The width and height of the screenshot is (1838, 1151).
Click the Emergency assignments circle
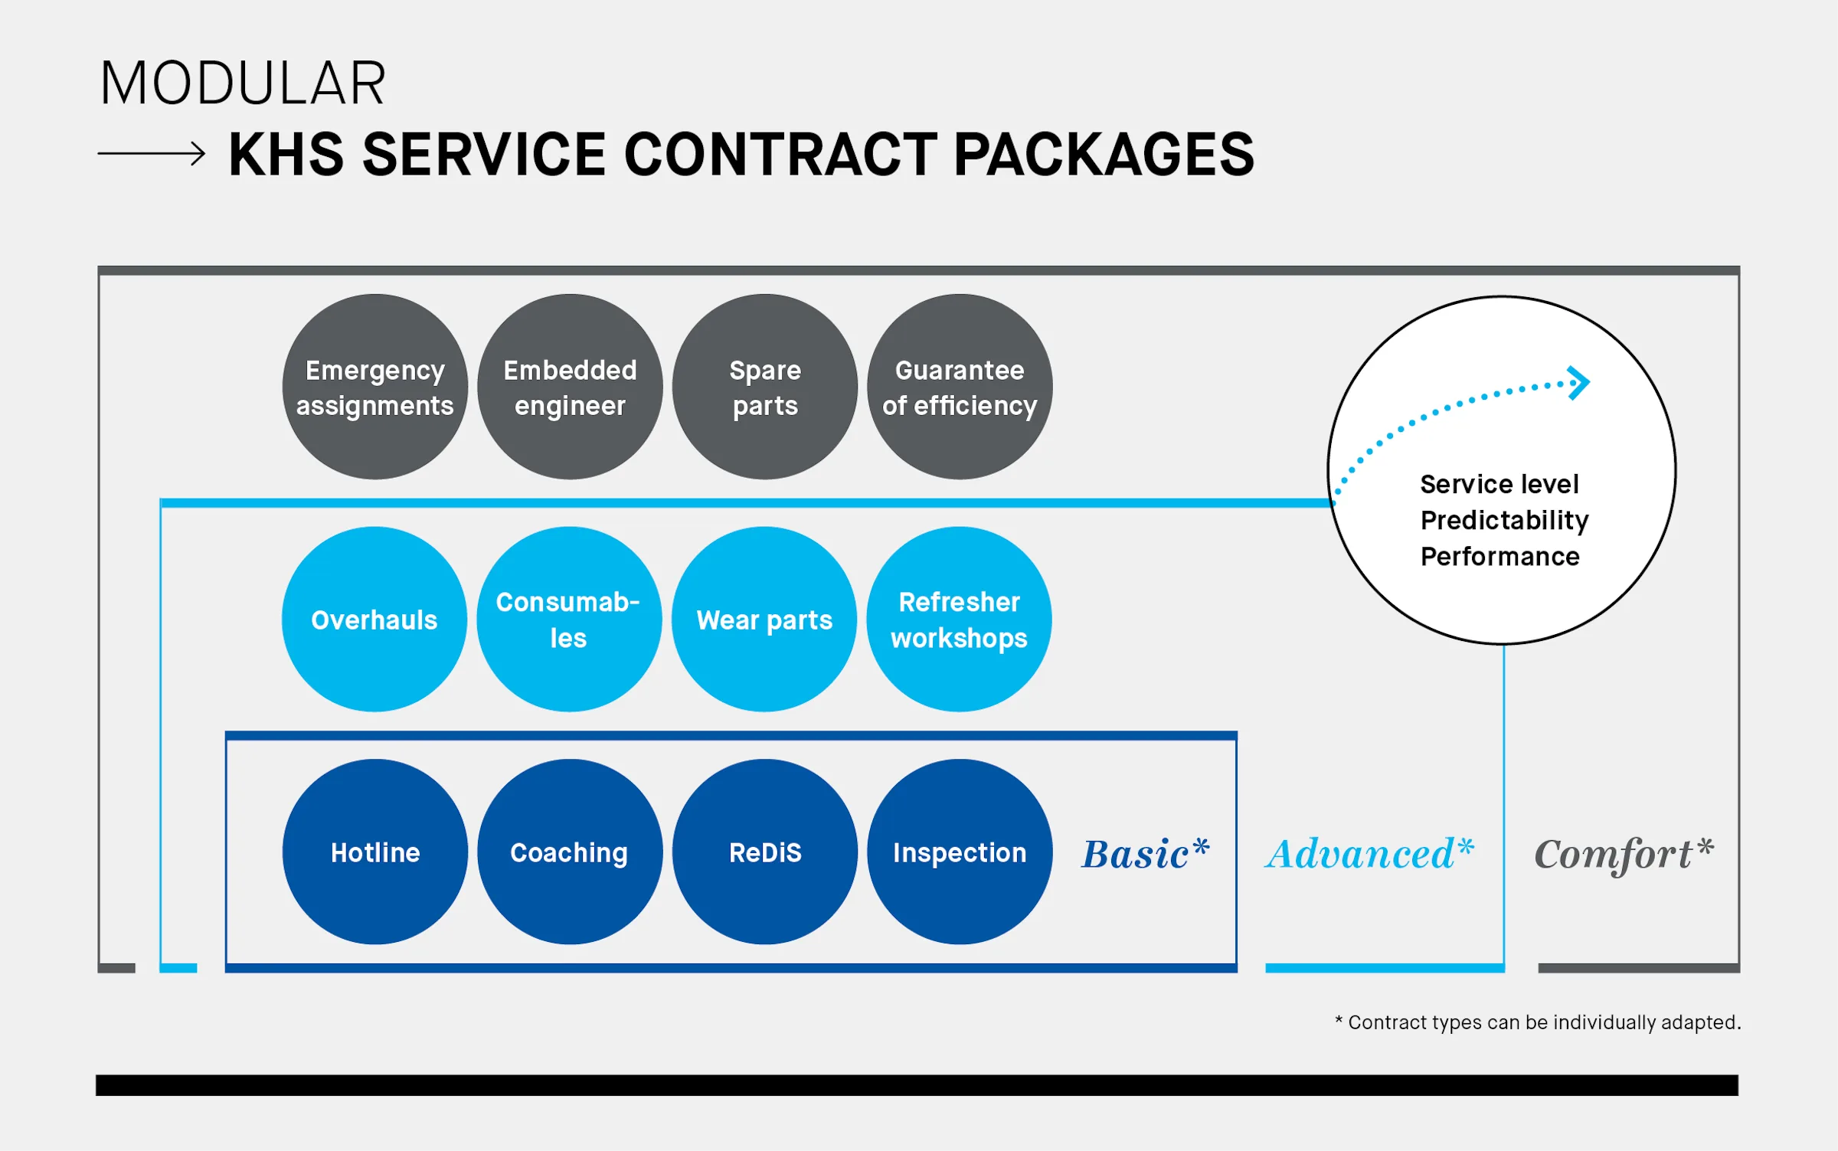(375, 387)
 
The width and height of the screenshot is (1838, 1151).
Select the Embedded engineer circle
(570, 387)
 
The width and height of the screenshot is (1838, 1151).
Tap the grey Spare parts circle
(765, 387)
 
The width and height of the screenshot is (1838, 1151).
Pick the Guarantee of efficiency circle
(960, 387)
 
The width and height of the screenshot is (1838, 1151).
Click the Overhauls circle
(374, 619)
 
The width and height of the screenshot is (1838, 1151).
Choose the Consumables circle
(569, 619)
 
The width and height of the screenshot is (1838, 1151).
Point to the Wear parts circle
(764, 619)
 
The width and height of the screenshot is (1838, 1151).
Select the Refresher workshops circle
(959, 619)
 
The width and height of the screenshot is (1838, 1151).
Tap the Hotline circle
(375, 852)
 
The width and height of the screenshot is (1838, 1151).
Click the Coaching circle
(570, 852)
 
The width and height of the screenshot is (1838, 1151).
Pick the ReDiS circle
(765, 852)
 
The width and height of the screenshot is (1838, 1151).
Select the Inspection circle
(960, 852)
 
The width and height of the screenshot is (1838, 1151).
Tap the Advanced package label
(1369, 854)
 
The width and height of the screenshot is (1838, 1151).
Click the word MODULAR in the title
(243, 83)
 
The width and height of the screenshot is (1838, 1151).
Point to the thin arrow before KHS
(152, 153)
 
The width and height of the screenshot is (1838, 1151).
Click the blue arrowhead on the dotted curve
(1580, 382)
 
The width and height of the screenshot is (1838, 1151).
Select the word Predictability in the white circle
(1504, 521)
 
